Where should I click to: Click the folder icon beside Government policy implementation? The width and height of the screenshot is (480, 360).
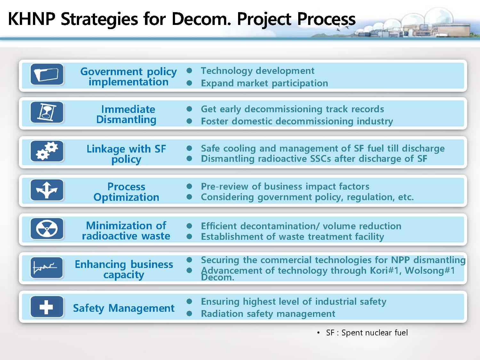[x=47, y=74]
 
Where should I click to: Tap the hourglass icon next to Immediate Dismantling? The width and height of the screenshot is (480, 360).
[x=47, y=112]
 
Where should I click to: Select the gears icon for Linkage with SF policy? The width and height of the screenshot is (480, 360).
[x=47, y=151]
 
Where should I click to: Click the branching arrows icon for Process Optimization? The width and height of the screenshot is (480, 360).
[x=47, y=190]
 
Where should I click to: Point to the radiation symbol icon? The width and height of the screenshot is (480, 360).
[x=47, y=229]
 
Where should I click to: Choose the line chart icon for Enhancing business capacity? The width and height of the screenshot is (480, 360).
[x=47, y=268]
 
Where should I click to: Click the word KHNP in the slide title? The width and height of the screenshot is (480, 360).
[x=31, y=19]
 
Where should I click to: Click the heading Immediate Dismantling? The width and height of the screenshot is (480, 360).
[x=126, y=114]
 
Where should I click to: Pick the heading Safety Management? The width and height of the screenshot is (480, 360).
[x=124, y=308]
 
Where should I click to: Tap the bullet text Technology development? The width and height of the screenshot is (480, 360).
[x=258, y=71]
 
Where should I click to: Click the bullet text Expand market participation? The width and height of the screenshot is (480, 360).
[x=264, y=83]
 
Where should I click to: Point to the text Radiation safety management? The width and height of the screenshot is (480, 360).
[x=268, y=314]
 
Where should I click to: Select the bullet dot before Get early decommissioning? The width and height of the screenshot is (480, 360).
[x=189, y=109]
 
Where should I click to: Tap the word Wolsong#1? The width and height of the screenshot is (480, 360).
[x=430, y=270]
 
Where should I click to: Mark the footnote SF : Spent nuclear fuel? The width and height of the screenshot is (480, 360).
[x=367, y=333]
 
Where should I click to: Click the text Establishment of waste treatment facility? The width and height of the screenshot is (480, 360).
[x=292, y=237]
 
